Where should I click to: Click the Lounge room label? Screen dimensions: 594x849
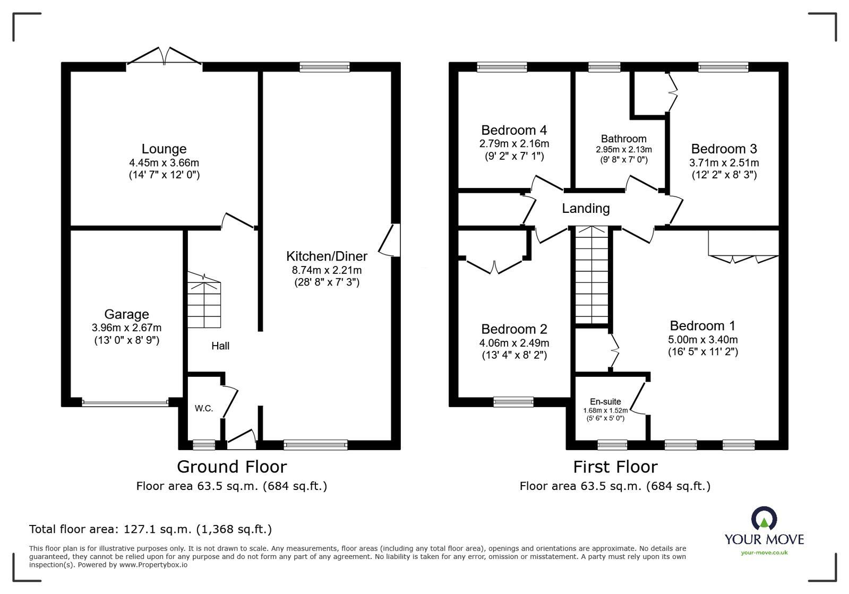[164, 149]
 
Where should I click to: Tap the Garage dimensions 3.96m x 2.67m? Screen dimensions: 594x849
[126, 328]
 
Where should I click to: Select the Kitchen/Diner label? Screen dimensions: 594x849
[327, 256]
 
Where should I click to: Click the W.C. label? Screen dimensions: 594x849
[204, 408]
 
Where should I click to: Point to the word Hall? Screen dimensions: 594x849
[220, 346]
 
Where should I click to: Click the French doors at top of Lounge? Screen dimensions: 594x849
[165, 56]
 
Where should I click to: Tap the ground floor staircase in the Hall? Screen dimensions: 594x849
[204, 300]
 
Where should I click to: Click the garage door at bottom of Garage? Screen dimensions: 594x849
[125, 403]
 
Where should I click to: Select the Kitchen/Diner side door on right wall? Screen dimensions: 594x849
[390, 240]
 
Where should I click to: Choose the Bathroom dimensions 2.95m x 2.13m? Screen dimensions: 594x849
[623, 150]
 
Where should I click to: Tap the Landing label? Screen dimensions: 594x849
[586, 209]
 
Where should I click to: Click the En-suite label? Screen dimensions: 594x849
[605, 402]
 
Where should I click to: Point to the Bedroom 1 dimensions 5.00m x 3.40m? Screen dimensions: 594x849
[702, 340]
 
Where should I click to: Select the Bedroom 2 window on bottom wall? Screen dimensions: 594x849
[513, 402]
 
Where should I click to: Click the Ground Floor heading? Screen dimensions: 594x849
[231, 467]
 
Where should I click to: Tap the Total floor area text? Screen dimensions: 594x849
[150, 529]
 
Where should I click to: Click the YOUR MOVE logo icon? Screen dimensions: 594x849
[764, 519]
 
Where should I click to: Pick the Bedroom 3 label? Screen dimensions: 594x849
[724, 149]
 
